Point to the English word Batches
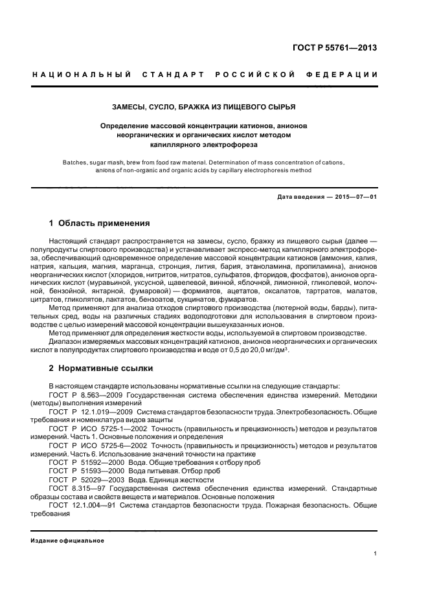pyautogui.click(x=79, y=162)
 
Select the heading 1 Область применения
pyautogui.click(x=100, y=223)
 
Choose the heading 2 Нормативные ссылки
pyautogui.click(x=101, y=368)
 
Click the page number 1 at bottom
pyautogui.click(x=376, y=554)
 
